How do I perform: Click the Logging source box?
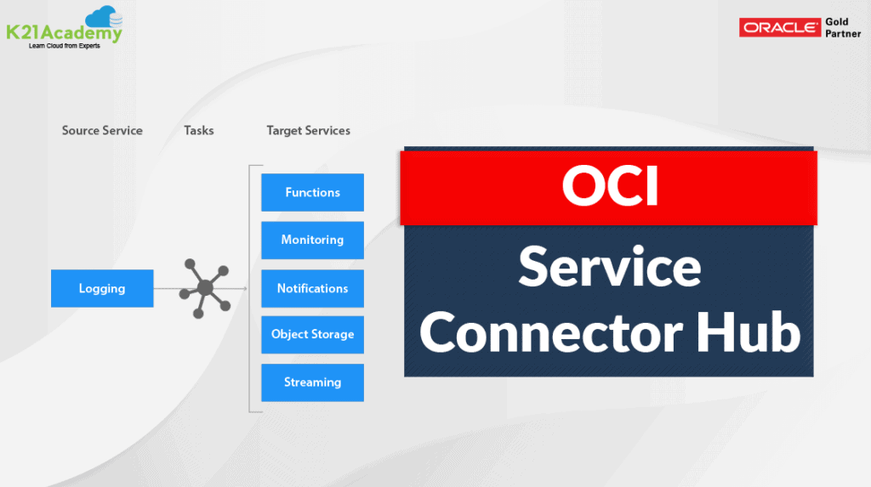tap(102, 288)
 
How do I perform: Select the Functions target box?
tap(313, 192)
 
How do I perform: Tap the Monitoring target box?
tap(313, 240)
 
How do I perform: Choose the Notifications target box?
tap(313, 288)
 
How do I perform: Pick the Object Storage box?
tap(313, 335)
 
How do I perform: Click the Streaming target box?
tap(313, 382)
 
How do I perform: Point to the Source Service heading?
tap(102, 131)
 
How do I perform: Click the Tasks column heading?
tap(199, 131)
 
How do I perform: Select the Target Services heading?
tap(308, 131)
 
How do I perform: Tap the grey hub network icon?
tap(205, 288)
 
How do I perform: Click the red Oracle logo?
tap(780, 27)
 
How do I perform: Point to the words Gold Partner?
tap(843, 28)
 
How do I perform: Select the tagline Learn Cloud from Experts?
tap(65, 46)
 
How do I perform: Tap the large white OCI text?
tap(610, 186)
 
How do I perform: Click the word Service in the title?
tap(609, 267)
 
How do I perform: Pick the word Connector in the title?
tap(550, 332)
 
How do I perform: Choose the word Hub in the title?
tap(749, 331)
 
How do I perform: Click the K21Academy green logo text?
tap(64, 33)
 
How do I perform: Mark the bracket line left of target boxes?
tap(249, 289)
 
